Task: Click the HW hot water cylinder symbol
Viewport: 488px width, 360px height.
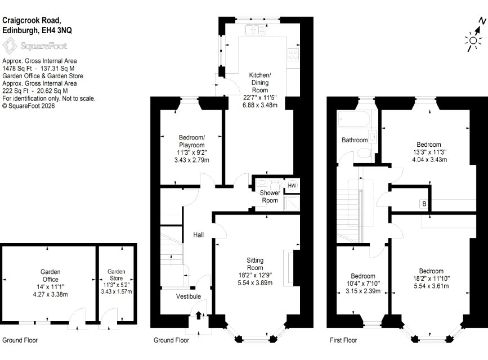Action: click(x=292, y=186)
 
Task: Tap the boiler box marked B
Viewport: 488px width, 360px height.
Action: click(x=424, y=204)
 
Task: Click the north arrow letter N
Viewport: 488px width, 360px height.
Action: click(x=482, y=21)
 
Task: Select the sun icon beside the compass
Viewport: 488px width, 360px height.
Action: click(x=473, y=40)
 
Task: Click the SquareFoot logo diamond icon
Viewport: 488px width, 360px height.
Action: click(x=10, y=46)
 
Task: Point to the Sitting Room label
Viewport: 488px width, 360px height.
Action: click(x=255, y=264)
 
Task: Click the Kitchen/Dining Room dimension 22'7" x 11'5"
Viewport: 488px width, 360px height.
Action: click(x=259, y=98)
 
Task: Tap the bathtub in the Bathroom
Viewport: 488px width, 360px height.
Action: click(x=354, y=119)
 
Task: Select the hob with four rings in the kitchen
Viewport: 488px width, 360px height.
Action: click(x=293, y=55)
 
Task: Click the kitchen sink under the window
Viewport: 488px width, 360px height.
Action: click(x=255, y=30)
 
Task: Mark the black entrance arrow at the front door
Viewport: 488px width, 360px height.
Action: click(x=199, y=315)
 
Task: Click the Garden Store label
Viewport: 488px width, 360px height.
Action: click(x=116, y=275)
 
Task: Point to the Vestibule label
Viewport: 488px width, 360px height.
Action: click(x=189, y=296)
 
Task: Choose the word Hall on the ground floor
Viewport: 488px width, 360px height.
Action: click(x=198, y=235)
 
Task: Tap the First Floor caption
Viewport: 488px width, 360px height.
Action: click(x=343, y=340)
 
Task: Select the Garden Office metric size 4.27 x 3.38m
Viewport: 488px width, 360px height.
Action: click(x=51, y=294)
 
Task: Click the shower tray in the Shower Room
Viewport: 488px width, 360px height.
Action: click(x=292, y=203)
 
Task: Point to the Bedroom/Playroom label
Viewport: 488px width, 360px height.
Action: click(x=192, y=141)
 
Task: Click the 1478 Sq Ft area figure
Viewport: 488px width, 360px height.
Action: click(x=17, y=69)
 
